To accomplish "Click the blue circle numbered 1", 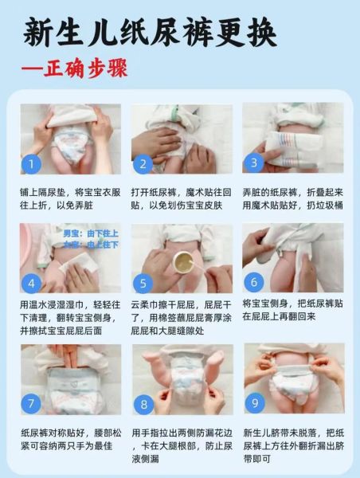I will pos(31,165).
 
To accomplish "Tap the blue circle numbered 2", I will pos(143,165).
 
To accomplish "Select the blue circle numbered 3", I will pos(255,163).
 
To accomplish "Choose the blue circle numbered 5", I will pos(143,284).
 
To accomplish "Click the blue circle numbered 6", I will pos(255,283).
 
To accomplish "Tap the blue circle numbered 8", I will pos(143,404).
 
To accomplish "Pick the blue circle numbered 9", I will pos(255,404).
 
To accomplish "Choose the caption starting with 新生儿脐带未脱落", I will pos(293,445).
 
